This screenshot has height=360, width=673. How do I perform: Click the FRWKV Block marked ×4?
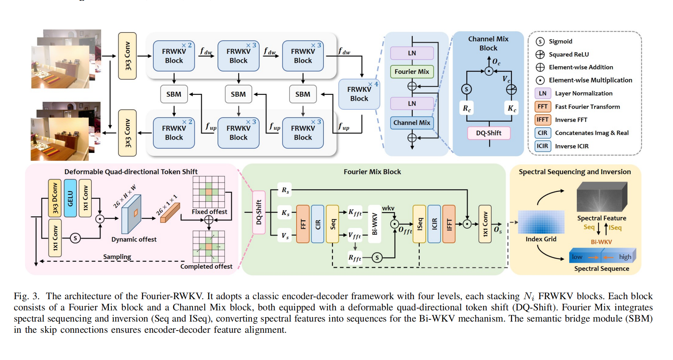click(x=359, y=94)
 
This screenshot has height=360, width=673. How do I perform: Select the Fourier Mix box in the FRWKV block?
click(x=412, y=72)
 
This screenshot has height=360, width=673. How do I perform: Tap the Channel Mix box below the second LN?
click(x=412, y=123)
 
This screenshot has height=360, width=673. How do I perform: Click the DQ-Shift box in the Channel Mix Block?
click(x=489, y=133)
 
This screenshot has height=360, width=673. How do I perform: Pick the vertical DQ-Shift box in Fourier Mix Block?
click(x=259, y=212)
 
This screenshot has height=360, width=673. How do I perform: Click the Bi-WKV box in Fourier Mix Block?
click(x=375, y=224)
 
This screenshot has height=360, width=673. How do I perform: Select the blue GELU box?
click(x=70, y=198)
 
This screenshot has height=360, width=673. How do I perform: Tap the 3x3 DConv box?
click(x=55, y=198)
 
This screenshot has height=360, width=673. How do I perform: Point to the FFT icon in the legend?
click(x=542, y=107)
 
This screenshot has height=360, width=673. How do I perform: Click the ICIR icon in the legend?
click(x=542, y=146)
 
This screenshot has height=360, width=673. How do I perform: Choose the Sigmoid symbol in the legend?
click(x=540, y=41)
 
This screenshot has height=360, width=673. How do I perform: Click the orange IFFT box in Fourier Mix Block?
click(x=449, y=224)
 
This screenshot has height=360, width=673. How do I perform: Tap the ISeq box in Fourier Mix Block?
click(x=419, y=224)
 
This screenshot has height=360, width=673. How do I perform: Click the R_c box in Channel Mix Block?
click(x=467, y=109)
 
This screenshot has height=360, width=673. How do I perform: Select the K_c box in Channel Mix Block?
click(x=511, y=109)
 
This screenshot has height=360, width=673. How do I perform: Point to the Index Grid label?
click(x=541, y=239)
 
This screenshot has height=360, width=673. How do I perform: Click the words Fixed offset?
click(x=209, y=212)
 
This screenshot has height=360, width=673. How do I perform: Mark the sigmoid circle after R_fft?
click(x=377, y=257)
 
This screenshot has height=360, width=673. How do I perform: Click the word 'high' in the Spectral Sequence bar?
click(x=625, y=257)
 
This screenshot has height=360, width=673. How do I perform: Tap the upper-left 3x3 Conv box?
click(x=127, y=56)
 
